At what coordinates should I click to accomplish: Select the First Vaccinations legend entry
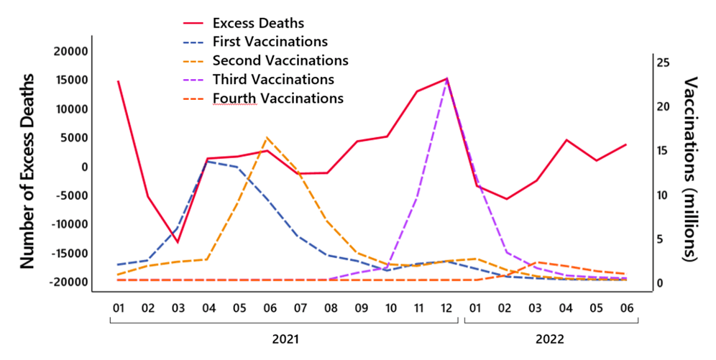pos(270,42)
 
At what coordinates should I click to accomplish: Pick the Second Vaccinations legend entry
pos(280,60)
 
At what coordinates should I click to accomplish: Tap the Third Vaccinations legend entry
pos(273,79)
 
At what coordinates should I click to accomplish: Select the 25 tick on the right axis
pos(663,63)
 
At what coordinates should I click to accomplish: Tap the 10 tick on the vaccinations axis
pos(663,195)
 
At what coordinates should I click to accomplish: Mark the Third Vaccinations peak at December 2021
pos(447,79)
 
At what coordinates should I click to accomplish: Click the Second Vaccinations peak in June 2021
pos(267,137)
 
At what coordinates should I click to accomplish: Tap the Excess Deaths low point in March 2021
pos(178,242)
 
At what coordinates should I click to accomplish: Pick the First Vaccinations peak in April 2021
pos(207,161)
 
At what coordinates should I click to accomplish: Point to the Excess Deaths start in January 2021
pos(118,81)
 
